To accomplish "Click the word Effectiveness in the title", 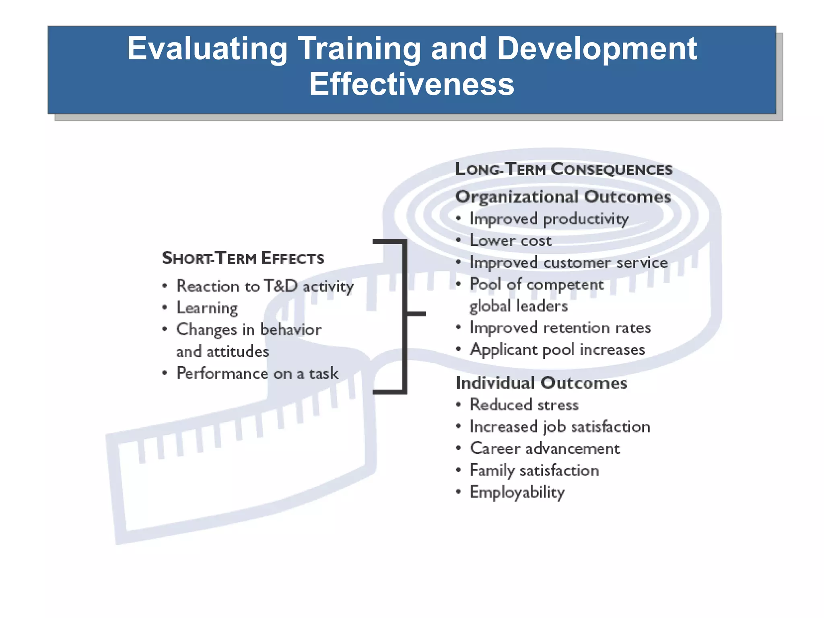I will point(412,84).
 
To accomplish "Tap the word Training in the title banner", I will point(359,49).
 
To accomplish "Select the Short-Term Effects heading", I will point(243,258).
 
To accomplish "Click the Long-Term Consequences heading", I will point(563,169).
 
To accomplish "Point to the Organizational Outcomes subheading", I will point(563,197).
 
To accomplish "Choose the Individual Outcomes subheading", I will point(541,383).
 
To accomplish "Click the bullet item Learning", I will point(207,308).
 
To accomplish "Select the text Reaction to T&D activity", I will point(265,286).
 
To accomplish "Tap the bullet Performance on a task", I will point(257,373).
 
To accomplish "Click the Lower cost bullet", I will point(511,241).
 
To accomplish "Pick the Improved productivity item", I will point(549,219).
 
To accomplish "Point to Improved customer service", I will point(569,263).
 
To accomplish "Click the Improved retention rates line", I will point(560,328).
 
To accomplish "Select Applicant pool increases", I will point(557,350).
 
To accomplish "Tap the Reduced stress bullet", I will point(524,405).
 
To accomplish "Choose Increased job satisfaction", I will point(560,427).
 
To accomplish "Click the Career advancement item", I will point(545,449).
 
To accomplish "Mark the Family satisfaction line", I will point(534,470).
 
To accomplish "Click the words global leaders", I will point(518,306).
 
